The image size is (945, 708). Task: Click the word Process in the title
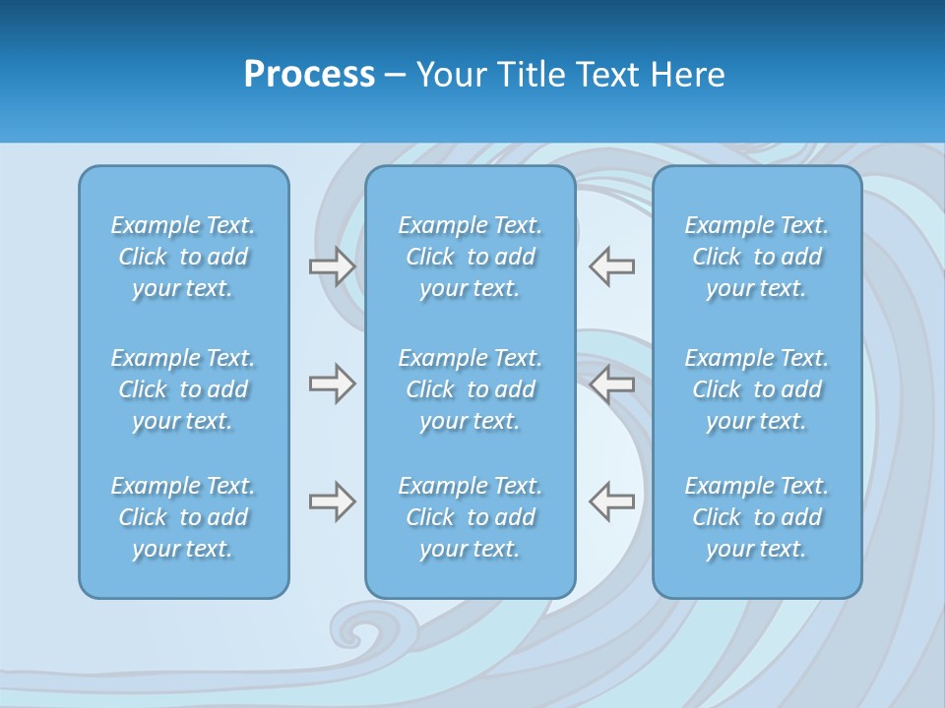coord(309,75)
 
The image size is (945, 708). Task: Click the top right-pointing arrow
coord(332,266)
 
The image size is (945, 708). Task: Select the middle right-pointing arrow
coord(332,383)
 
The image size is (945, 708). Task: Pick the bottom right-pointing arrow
coord(332,501)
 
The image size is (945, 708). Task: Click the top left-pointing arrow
coord(612,266)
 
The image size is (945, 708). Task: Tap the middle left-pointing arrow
coord(612,383)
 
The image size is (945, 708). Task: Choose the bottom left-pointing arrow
coord(612,501)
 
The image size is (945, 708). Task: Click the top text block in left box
coord(183,257)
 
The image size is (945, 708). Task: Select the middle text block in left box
coord(183,389)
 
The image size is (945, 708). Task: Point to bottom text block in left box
coord(183,517)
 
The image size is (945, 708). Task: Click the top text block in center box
coord(470,257)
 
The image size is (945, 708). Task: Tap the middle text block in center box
coord(470,389)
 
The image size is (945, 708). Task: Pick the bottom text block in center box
coord(470,517)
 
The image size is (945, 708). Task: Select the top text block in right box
coord(757,257)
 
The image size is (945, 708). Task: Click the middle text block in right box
coord(757,389)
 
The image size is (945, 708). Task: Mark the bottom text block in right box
coord(757,517)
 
